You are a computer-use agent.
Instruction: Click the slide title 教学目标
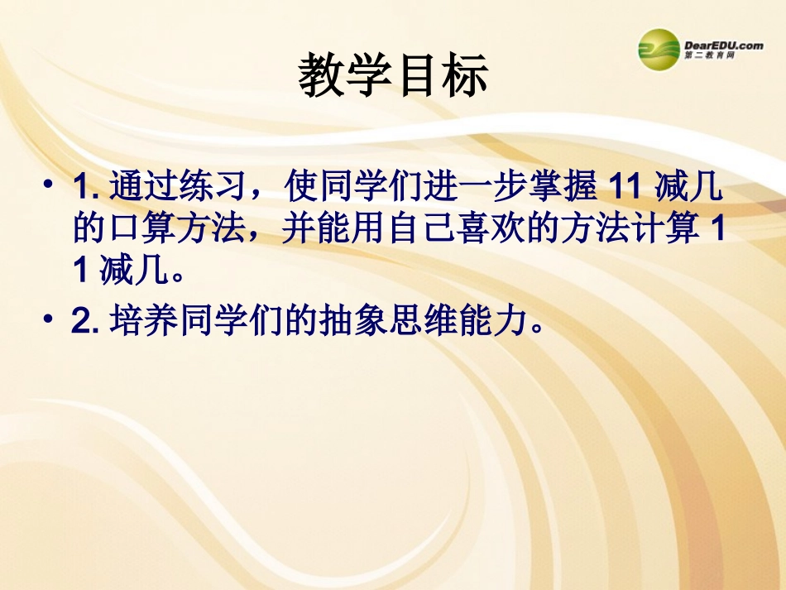[x=393, y=76]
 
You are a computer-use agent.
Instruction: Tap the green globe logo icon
[x=659, y=49]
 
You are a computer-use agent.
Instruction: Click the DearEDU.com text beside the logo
[x=723, y=45]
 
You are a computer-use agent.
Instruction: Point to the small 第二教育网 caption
[x=710, y=56]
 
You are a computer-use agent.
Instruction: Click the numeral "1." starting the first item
[x=85, y=188]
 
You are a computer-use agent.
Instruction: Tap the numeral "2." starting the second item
[x=85, y=323]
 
